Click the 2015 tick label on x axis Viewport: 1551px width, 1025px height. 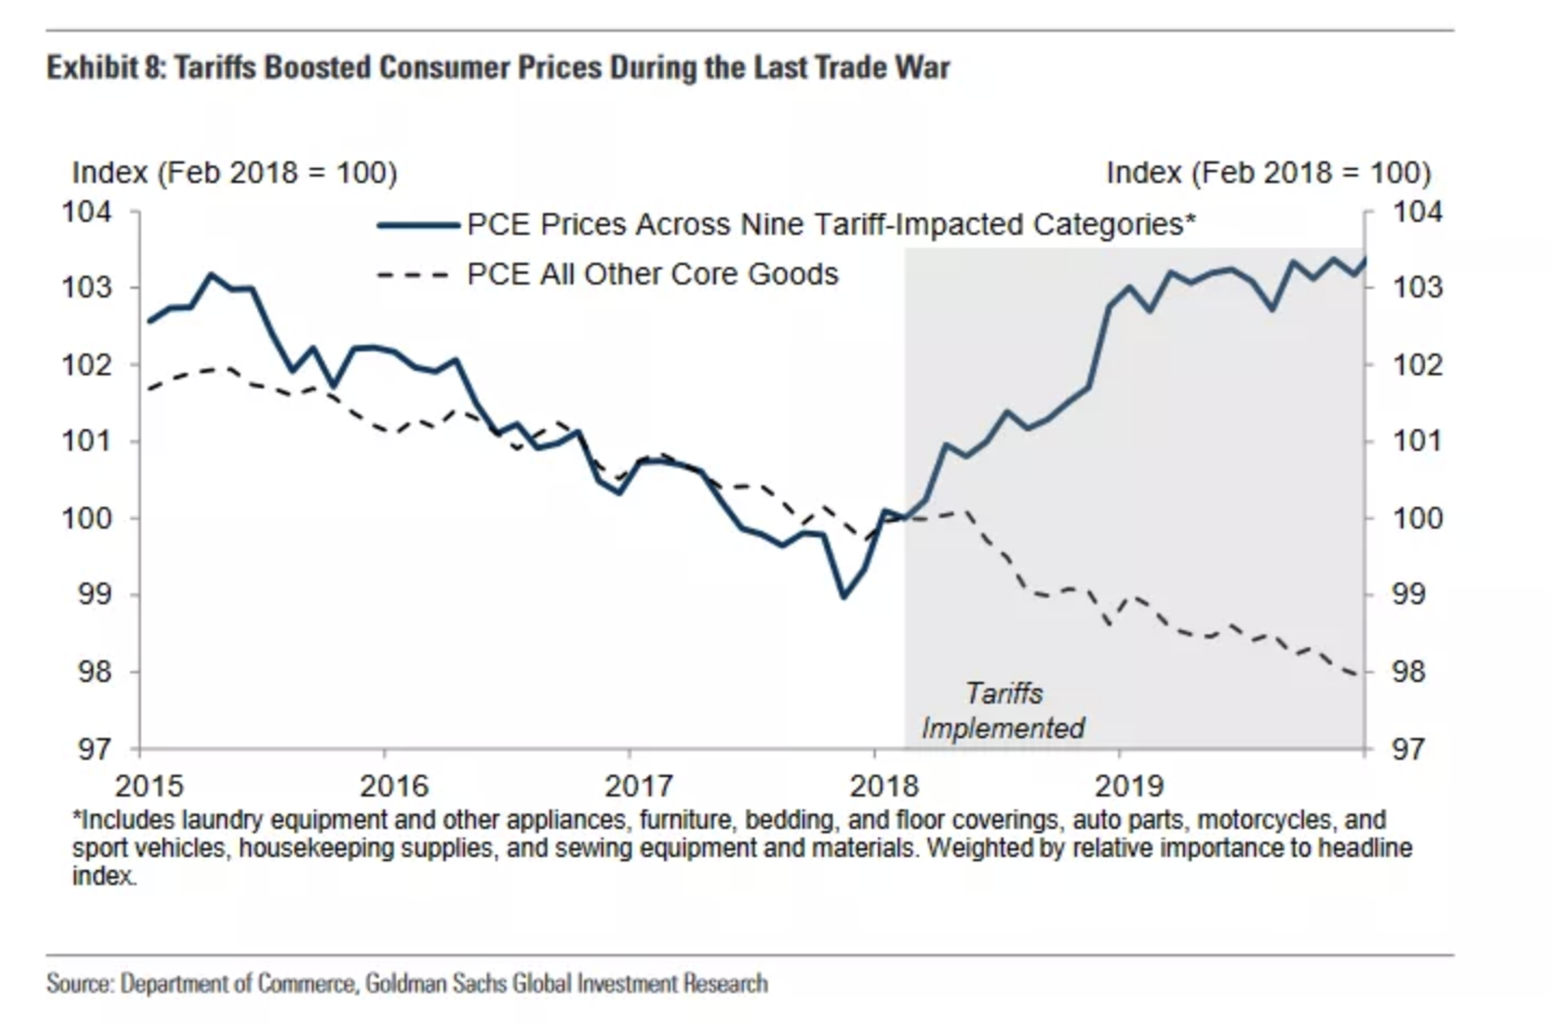click(149, 786)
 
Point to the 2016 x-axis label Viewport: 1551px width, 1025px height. click(394, 786)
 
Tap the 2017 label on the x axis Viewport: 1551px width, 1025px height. click(638, 786)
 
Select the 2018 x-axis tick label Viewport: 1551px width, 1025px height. click(884, 786)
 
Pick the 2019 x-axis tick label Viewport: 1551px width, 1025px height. click(1129, 786)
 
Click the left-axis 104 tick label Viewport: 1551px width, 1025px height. click(87, 212)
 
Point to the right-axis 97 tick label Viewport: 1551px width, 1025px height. click(1407, 750)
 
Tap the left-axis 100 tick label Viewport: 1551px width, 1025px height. click(87, 518)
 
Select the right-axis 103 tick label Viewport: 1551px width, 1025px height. click(1417, 288)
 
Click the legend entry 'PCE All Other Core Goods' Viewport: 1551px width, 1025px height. click(652, 275)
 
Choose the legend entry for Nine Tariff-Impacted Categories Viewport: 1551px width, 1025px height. click(830, 225)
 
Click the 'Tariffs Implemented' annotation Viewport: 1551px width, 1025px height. click(1003, 711)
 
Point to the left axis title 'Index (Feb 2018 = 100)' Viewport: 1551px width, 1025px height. click(234, 173)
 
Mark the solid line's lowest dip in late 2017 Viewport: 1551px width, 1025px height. click(844, 597)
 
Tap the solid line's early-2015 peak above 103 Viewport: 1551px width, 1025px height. click(212, 275)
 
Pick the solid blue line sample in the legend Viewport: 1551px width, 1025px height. click(418, 225)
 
